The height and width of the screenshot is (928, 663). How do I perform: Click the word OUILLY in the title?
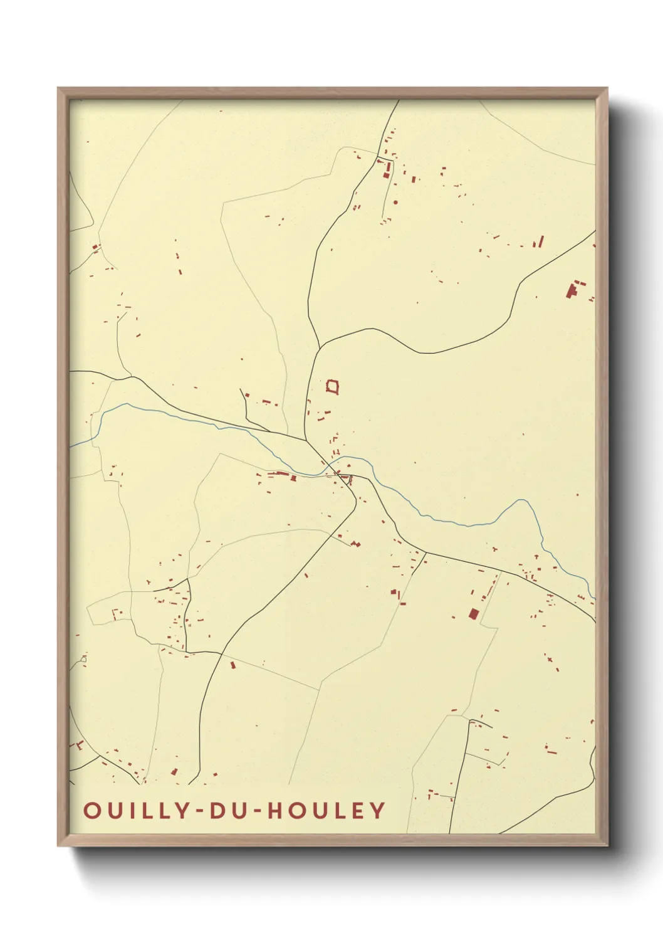pos(135,810)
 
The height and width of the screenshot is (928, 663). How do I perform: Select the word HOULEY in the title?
pos(326,810)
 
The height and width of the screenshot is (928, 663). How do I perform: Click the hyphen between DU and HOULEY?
pos(258,811)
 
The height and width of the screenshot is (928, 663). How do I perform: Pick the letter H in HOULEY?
pos(276,810)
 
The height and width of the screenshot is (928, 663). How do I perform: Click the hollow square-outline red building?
pos(333,386)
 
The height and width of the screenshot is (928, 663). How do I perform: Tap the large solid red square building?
pos(474,613)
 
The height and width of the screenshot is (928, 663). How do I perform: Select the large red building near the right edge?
pos(572,290)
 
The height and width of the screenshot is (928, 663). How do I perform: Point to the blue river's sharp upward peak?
pos(520,500)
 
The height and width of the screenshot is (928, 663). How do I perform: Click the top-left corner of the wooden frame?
pos(58,88)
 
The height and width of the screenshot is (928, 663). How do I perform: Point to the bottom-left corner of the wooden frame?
pos(58,845)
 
